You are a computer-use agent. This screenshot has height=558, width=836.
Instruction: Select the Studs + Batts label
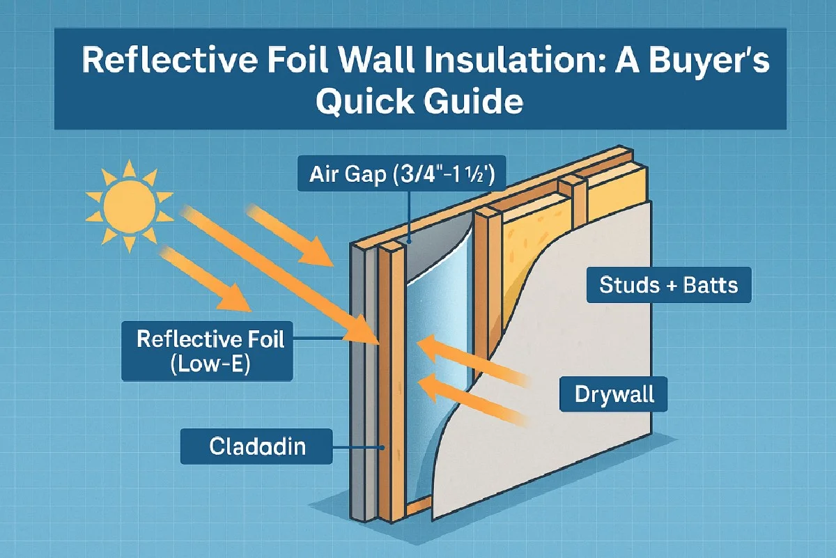click(668, 284)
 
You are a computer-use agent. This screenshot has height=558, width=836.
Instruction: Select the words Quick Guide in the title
click(419, 102)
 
